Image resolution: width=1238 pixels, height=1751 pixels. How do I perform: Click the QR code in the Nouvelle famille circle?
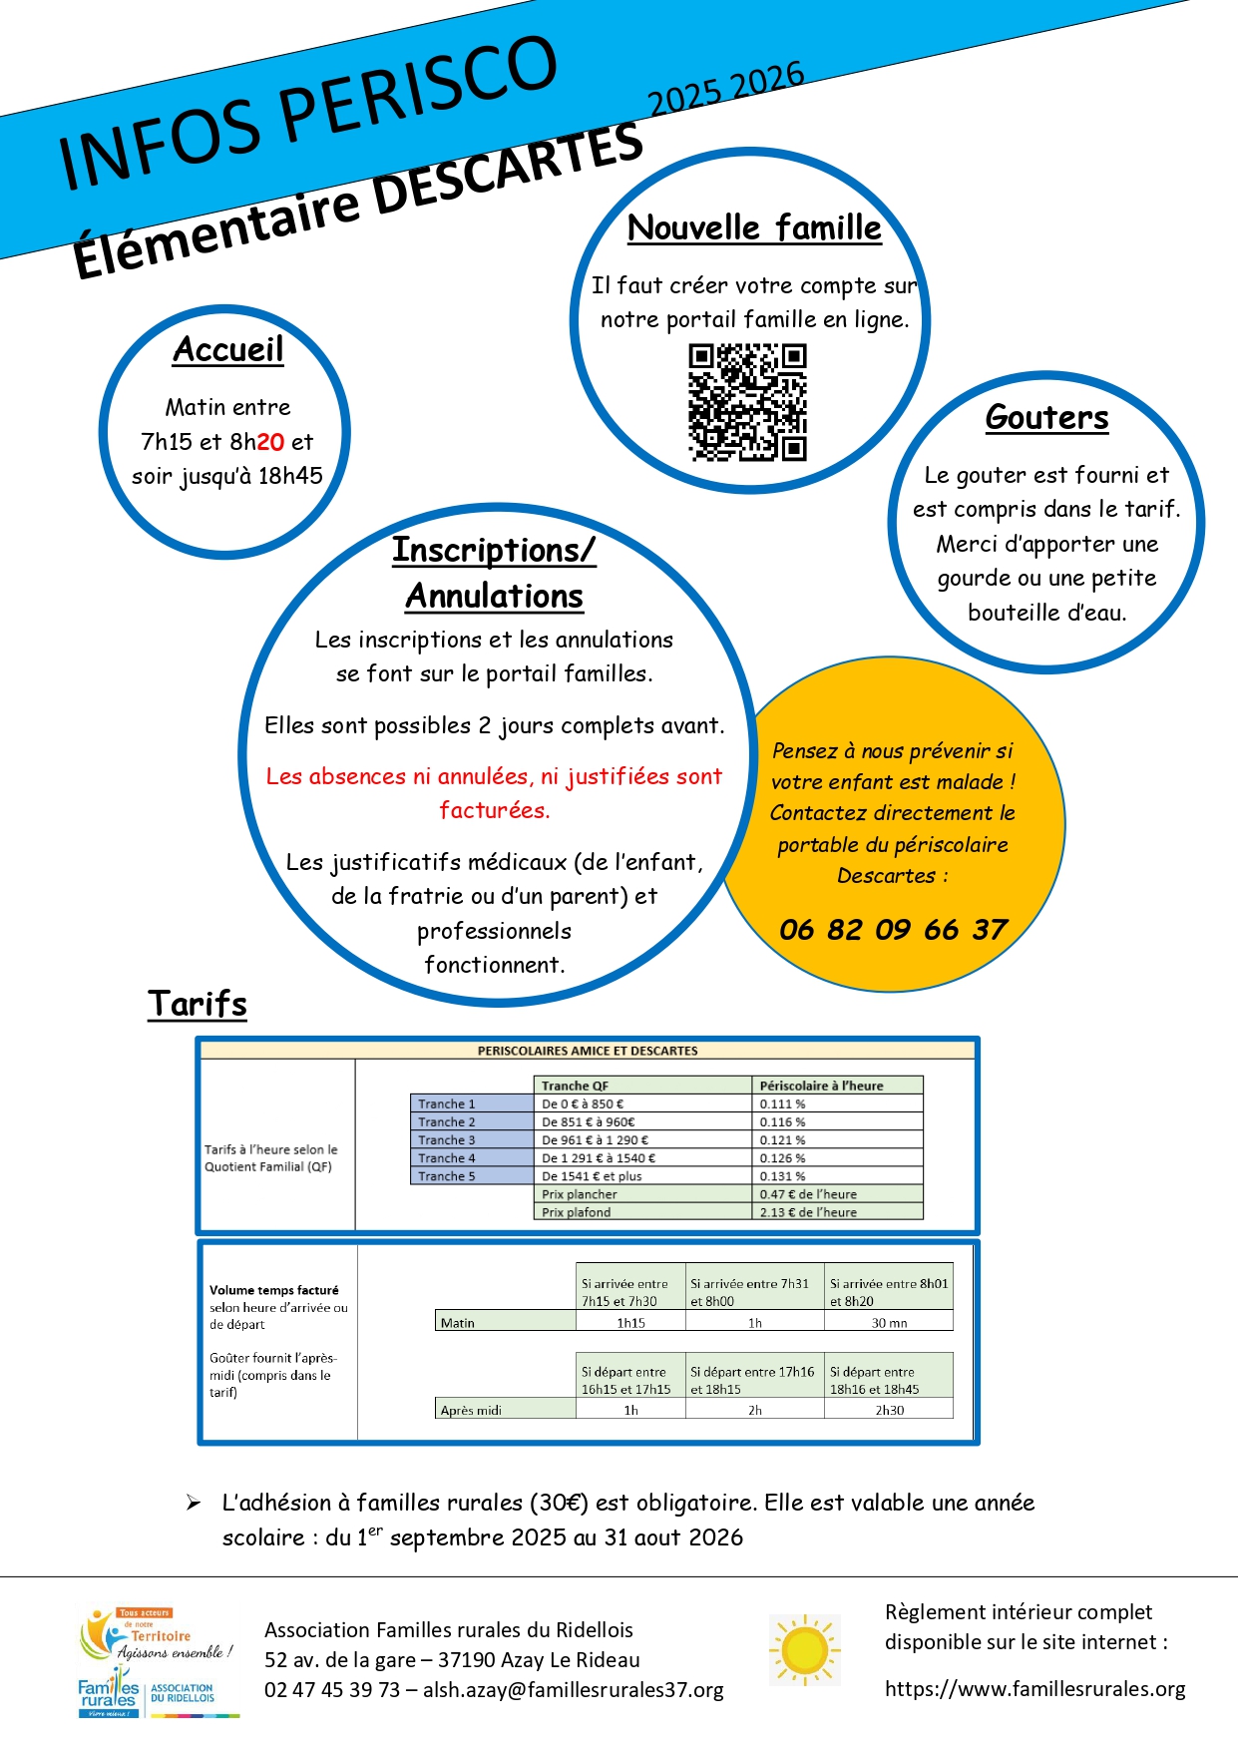[747, 402]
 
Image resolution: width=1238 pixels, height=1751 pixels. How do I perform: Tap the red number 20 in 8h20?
[270, 442]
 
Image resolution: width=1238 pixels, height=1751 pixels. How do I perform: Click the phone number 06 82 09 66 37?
[894, 930]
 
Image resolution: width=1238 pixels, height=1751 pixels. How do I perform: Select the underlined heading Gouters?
[1046, 417]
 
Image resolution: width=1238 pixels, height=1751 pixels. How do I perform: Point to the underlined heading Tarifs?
[198, 1004]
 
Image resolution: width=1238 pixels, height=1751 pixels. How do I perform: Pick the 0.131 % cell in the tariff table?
[783, 1176]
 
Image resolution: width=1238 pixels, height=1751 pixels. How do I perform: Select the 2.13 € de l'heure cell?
[808, 1212]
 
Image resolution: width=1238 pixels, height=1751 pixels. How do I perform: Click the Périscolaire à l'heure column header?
[821, 1086]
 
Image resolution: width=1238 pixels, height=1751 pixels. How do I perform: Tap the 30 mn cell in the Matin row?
[889, 1323]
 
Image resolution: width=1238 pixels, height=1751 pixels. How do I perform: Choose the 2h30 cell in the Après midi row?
[889, 1411]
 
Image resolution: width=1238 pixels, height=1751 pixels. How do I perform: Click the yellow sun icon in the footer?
[804, 1650]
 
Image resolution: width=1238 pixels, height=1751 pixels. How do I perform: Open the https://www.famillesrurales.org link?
[1034, 1689]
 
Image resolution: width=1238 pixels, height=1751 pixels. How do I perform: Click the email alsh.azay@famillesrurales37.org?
[574, 1690]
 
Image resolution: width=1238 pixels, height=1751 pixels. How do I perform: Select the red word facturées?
[495, 810]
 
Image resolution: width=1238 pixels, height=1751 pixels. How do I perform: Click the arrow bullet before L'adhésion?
[194, 1504]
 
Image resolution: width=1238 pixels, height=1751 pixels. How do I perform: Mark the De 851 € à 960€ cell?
[589, 1122]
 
